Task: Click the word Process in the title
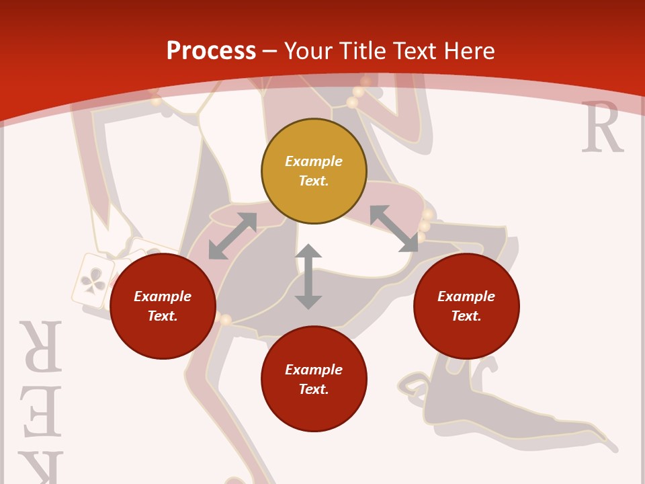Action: [x=211, y=51]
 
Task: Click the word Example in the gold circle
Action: [x=314, y=161]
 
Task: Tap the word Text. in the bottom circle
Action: [x=314, y=389]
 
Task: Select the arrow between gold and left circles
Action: [x=232, y=236]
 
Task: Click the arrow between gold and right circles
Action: [x=394, y=229]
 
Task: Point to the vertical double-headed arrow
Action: [x=308, y=276]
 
